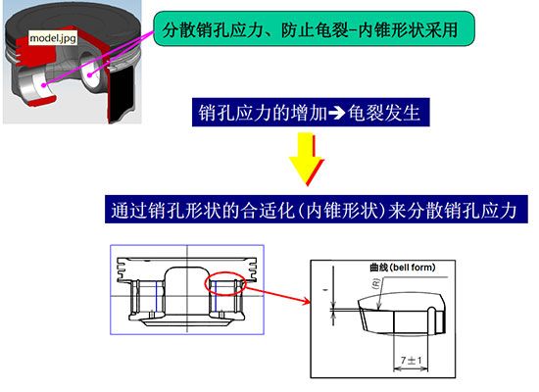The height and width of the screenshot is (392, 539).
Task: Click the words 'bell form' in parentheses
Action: click(410, 267)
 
